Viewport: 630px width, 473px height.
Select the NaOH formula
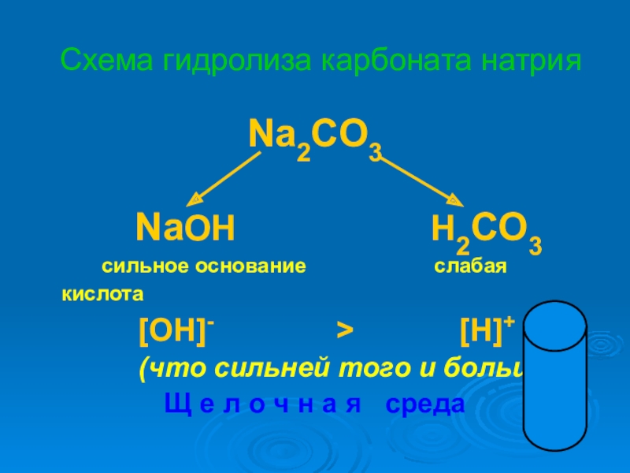186,229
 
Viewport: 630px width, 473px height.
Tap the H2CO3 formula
486,232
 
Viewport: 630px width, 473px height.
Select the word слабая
469,266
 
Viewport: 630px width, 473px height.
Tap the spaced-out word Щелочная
261,404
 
